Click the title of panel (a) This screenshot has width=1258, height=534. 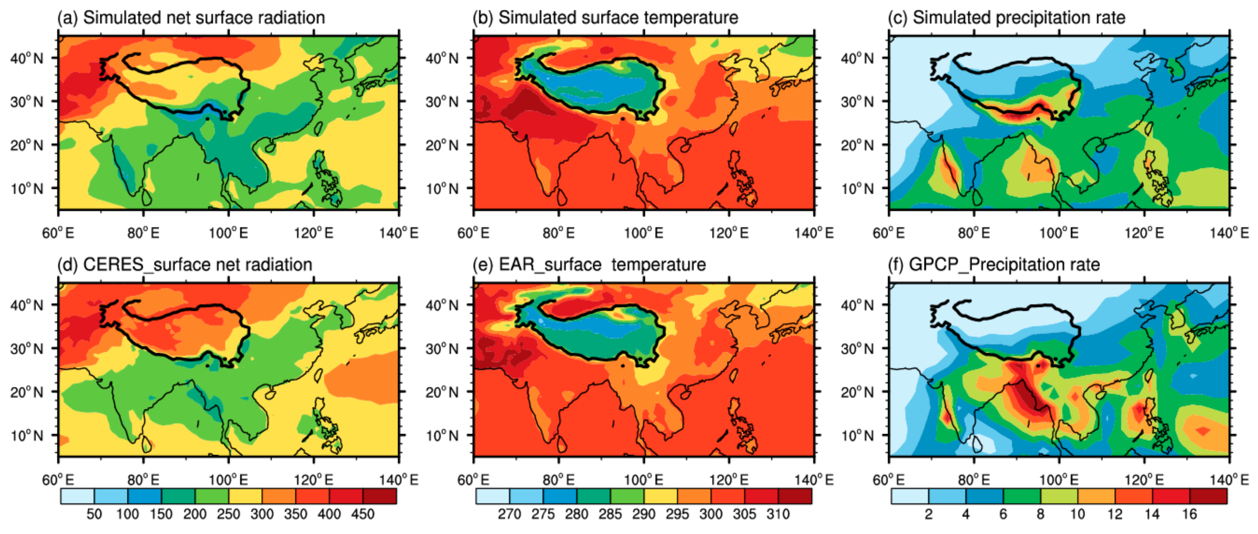[x=190, y=18]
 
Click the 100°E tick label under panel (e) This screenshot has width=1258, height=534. [x=643, y=480]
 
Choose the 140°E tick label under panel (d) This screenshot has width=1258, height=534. [x=398, y=480]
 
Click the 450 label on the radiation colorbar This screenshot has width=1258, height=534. [x=363, y=514]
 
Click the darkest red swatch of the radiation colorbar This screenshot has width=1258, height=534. [x=379, y=496]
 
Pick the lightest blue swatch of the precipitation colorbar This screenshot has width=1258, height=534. [x=909, y=496]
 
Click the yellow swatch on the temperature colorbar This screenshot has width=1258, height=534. [x=660, y=496]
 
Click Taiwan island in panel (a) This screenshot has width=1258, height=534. [x=318, y=129]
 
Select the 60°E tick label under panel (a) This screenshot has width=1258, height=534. [x=58, y=233]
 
